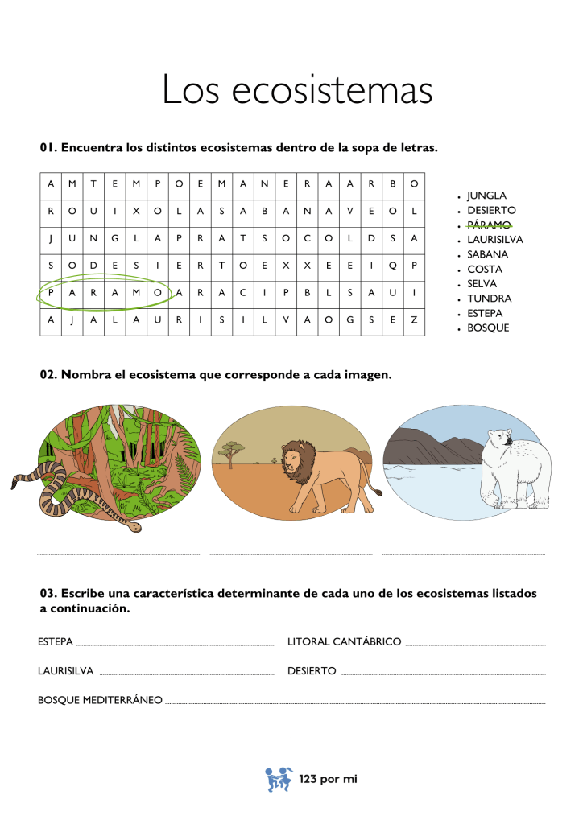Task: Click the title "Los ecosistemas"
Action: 297,90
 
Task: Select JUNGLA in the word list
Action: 486,196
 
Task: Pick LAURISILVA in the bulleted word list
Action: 494,240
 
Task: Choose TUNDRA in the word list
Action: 489,299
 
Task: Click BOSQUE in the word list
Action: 488,328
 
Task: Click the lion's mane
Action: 296,463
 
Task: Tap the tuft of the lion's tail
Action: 376,490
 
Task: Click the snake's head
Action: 135,527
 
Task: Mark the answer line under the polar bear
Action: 463,554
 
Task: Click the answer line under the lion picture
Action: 291,554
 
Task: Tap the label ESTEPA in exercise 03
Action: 56,642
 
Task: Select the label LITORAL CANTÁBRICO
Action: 344,642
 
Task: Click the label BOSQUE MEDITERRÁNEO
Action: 100,700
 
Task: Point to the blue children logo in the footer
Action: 279,779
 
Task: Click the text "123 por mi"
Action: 327,779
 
